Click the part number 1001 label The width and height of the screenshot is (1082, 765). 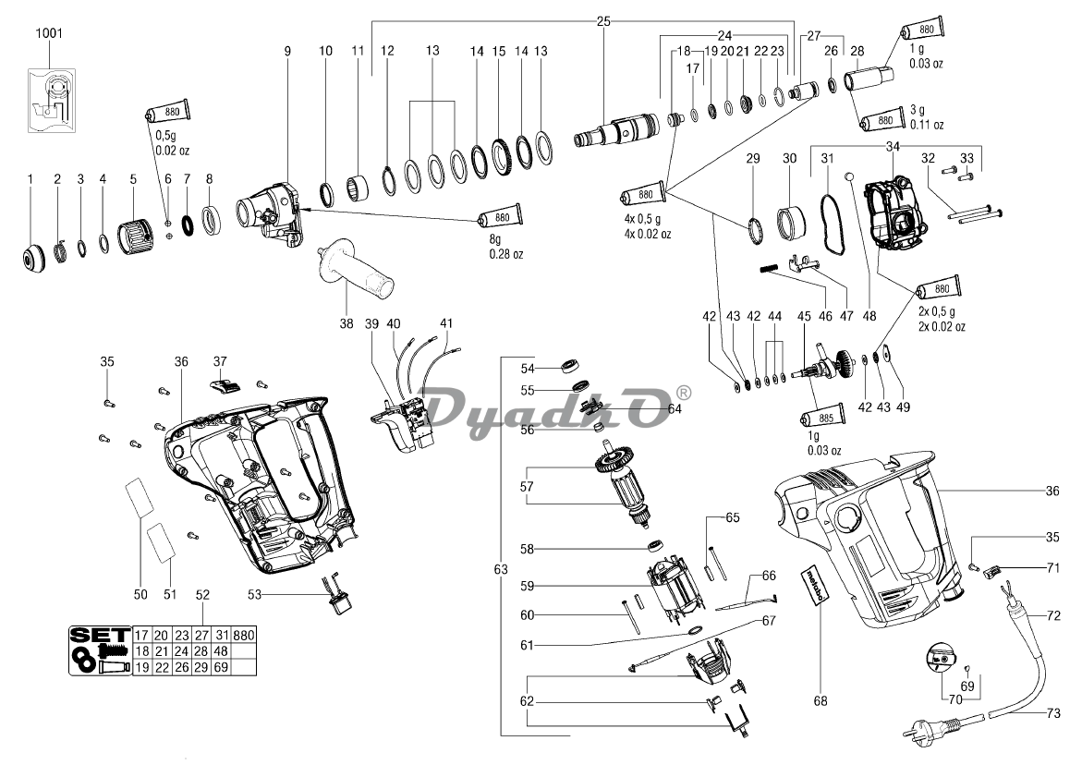(49, 32)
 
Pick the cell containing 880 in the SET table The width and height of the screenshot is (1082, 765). (244, 636)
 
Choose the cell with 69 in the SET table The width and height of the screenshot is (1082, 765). (220, 666)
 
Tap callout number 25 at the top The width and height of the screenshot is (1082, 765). (603, 21)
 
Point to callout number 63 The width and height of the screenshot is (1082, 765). (501, 570)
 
